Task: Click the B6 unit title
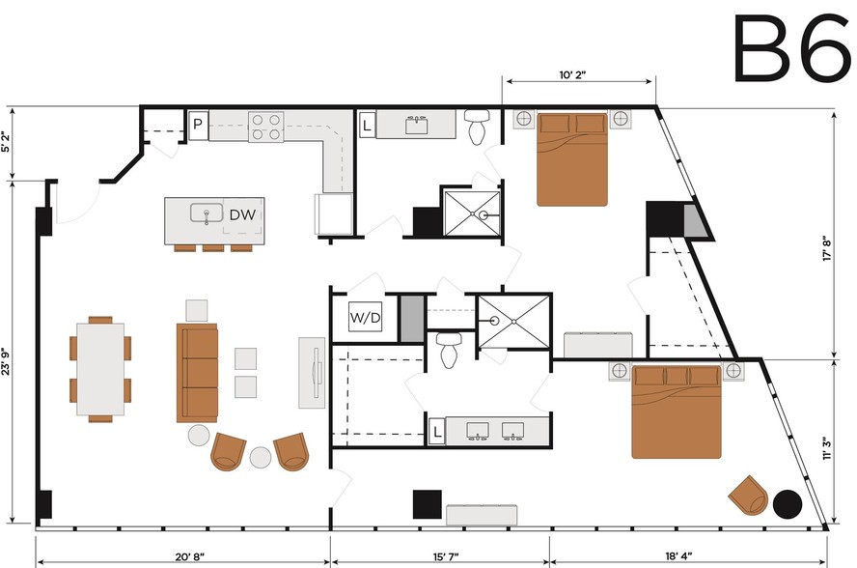pyautogui.click(x=790, y=48)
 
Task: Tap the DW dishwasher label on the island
pyautogui.click(x=242, y=214)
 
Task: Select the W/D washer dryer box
pyautogui.click(x=366, y=317)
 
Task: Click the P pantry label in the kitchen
pyautogui.click(x=198, y=125)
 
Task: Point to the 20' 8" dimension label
pyautogui.click(x=190, y=556)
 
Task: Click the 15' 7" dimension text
pyautogui.click(x=446, y=556)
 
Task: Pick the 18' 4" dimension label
pyautogui.click(x=678, y=556)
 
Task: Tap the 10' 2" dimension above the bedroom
pyautogui.click(x=572, y=74)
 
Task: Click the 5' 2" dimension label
pyautogui.click(x=6, y=142)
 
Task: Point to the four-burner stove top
pyautogui.click(x=266, y=127)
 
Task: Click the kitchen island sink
pyautogui.click(x=207, y=213)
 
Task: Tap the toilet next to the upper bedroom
pyautogui.click(x=477, y=127)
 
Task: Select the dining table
pyautogui.click(x=100, y=369)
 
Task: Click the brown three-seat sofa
pyautogui.click(x=197, y=373)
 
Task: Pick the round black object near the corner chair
pyautogui.click(x=788, y=503)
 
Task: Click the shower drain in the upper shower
pyautogui.click(x=484, y=215)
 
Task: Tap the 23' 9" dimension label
pyautogui.click(x=6, y=361)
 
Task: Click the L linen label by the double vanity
pyautogui.click(x=436, y=432)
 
